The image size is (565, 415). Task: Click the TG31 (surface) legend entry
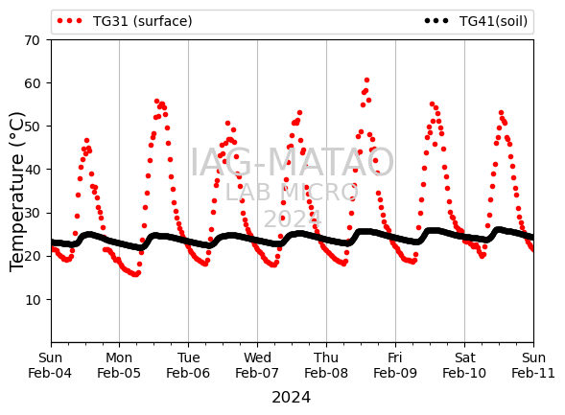125,21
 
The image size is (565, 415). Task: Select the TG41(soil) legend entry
476,21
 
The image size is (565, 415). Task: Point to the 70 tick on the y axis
32,40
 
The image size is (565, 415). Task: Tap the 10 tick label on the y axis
32,299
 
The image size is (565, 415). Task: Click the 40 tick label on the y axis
32,170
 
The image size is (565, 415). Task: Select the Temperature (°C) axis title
16,193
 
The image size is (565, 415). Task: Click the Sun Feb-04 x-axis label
50,365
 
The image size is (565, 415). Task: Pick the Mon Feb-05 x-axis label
119,365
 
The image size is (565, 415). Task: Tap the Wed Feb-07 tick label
257,365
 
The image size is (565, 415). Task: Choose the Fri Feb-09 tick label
395,365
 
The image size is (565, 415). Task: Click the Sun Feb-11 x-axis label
533,365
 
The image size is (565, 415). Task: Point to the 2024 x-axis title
292,398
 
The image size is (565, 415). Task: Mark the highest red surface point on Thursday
366,80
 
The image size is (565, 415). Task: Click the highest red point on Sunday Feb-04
86,141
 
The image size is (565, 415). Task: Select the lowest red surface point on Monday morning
135,275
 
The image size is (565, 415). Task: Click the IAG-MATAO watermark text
292,162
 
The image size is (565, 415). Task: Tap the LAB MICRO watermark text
292,193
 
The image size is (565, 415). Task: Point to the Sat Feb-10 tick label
464,365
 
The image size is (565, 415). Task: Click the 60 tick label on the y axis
32,83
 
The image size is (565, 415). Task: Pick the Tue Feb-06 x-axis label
188,365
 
